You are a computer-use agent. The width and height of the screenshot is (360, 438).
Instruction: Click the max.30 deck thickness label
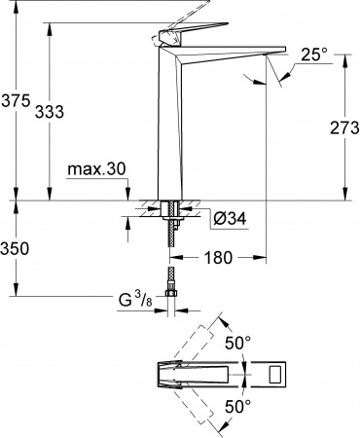[x=97, y=169]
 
